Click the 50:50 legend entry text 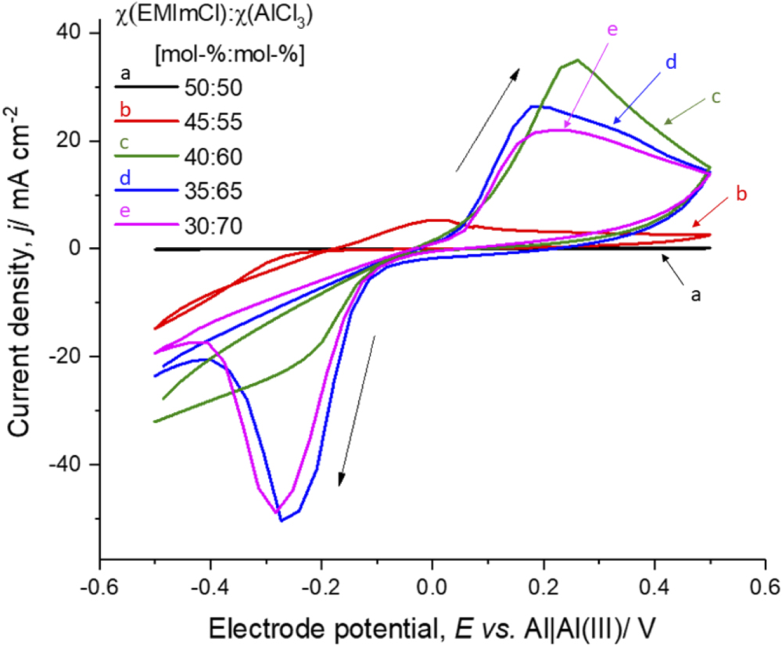click(x=213, y=87)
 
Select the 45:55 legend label click(x=213, y=122)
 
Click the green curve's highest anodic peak click(x=577, y=60)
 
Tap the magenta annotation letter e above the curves click(x=612, y=30)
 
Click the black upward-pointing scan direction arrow click(x=488, y=119)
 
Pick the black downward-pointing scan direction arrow click(x=357, y=411)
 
